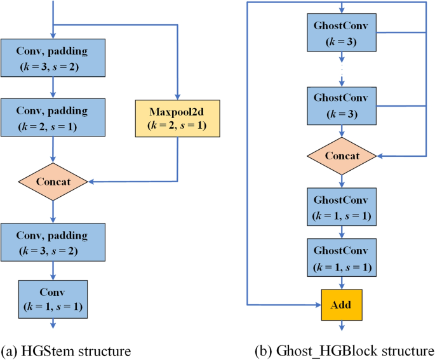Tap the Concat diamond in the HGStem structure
pos(53,181)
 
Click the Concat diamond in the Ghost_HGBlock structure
pos(343,156)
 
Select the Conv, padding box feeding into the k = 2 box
pos(53,57)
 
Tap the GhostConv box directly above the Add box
pos(343,257)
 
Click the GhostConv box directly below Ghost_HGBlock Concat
pos(343,207)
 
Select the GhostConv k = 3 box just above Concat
pos(343,105)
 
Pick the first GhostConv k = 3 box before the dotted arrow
pos(343,34)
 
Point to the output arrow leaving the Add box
pos(343,326)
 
